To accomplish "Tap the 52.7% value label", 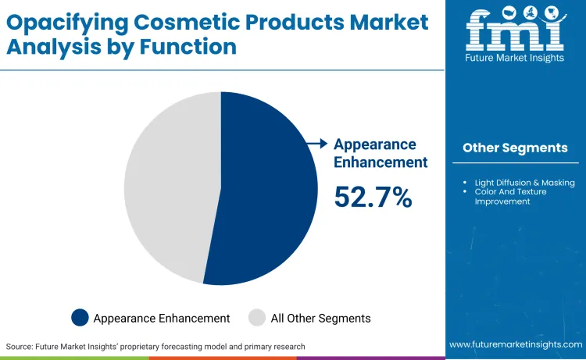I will pos(373,197).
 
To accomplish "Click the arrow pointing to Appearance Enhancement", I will pos(316,144).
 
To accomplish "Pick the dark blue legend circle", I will pos(80,318).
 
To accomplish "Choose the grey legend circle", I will pos(257,318).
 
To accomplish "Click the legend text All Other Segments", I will pos(320,318).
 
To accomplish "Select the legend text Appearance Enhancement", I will pos(162,318).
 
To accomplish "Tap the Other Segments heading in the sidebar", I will pos(515,148).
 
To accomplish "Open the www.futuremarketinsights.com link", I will pos(515,344).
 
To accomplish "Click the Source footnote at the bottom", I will pos(155,346).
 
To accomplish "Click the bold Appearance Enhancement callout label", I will pos(381,153).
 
